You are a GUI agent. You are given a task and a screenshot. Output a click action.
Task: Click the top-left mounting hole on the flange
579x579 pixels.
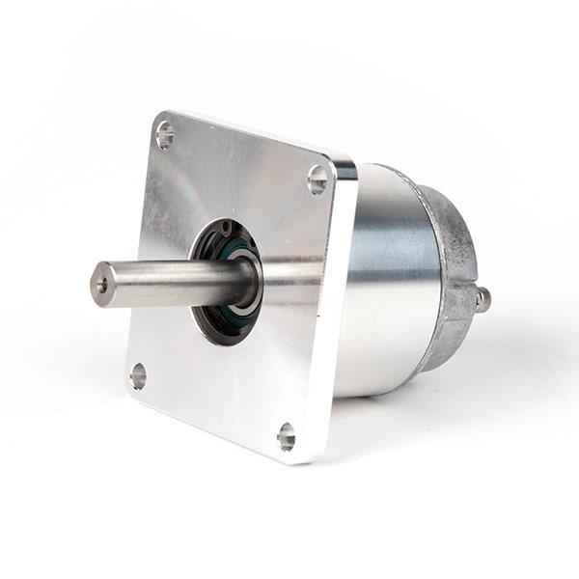(165, 135)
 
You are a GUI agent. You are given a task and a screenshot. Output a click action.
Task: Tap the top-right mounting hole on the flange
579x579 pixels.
(317, 179)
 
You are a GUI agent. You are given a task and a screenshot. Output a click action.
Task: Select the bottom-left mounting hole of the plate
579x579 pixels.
(138, 375)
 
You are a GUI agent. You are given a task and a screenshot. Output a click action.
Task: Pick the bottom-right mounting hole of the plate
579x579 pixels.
(287, 437)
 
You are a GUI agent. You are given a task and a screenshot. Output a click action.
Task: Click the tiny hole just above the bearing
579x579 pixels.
(227, 229)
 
